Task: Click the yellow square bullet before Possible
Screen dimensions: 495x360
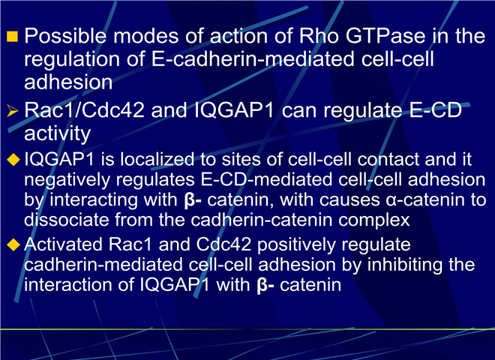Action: click(x=12, y=37)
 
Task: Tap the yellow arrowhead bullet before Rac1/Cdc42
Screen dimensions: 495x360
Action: click(x=12, y=111)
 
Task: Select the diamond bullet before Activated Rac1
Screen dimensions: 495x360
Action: click(x=13, y=244)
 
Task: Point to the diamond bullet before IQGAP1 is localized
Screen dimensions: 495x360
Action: click(x=13, y=160)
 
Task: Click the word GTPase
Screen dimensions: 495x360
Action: click(x=385, y=36)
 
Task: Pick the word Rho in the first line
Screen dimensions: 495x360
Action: click(x=319, y=36)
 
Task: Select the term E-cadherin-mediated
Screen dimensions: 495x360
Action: click(x=253, y=59)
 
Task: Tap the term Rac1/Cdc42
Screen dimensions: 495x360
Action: click(x=84, y=110)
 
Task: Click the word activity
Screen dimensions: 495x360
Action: click(x=58, y=134)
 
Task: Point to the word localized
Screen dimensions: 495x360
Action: click(x=157, y=159)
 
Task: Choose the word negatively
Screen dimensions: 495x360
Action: click(x=67, y=180)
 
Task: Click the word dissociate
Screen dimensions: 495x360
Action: click(x=67, y=220)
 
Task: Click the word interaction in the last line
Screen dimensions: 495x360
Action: click(x=68, y=284)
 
